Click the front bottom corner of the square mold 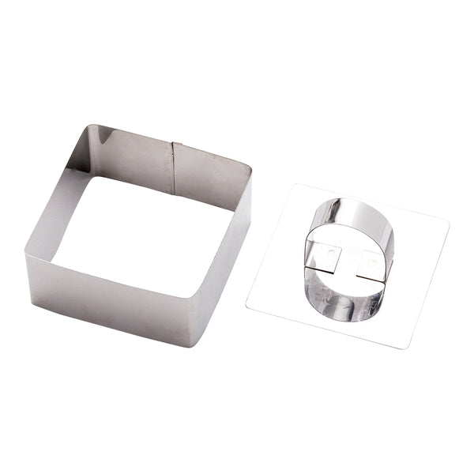(190, 344)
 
